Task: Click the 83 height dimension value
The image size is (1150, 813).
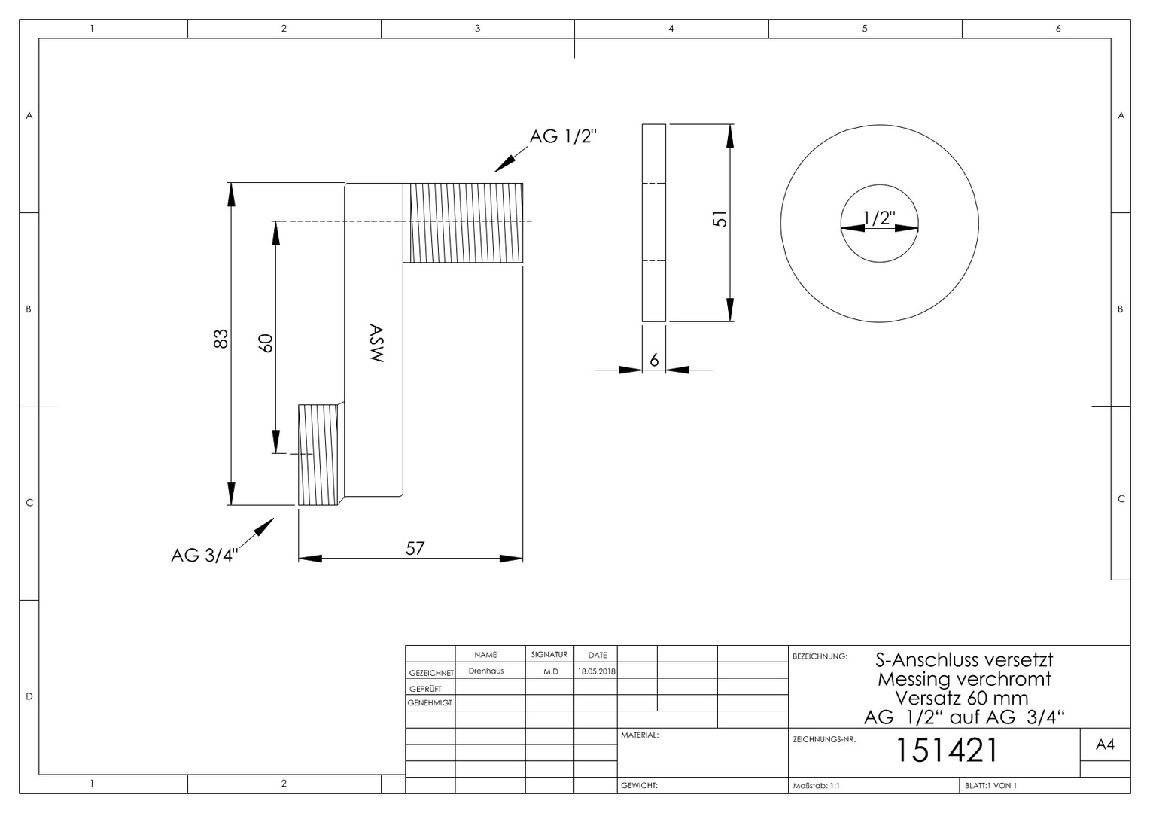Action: pyautogui.click(x=221, y=339)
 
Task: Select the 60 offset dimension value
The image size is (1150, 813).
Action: pyautogui.click(x=266, y=343)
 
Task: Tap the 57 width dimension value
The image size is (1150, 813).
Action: pyautogui.click(x=415, y=549)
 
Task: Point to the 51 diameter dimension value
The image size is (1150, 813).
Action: pyautogui.click(x=720, y=219)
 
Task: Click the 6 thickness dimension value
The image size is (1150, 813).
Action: pyautogui.click(x=654, y=360)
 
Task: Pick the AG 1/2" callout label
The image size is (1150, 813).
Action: pyautogui.click(x=563, y=136)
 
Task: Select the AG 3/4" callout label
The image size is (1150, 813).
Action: pyautogui.click(x=205, y=556)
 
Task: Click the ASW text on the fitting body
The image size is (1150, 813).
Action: pyautogui.click(x=376, y=343)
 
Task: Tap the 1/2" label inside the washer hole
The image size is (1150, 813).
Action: pyautogui.click(x=879, y=218)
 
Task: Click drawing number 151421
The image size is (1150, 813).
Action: pyautogui.click(x=946, y=750)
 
